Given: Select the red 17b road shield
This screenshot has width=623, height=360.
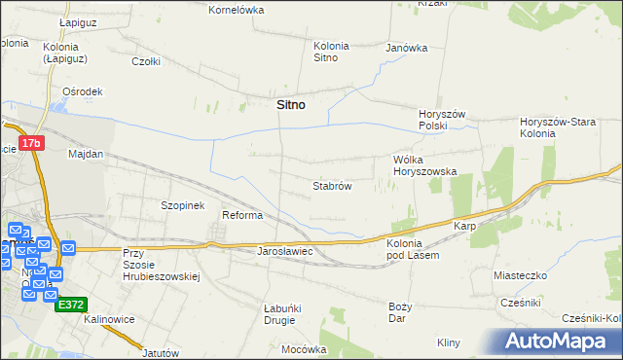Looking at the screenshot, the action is coord(32,143).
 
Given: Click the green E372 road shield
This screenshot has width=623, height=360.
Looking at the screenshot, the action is coord(70,304).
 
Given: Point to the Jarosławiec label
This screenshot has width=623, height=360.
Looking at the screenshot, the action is coord(283,251).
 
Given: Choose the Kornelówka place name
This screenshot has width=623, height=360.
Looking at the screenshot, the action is coord(237,10).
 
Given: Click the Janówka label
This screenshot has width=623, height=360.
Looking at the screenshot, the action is coord(407,48).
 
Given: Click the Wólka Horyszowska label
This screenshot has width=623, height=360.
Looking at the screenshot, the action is coord(423,165).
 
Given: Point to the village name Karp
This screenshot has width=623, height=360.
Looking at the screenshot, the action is coord(463,226).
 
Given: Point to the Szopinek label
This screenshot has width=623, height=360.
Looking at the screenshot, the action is coord(181,205).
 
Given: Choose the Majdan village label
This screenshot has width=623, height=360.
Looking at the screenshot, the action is coord(86,154).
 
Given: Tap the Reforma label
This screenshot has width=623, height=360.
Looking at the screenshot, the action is coord(242,215).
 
